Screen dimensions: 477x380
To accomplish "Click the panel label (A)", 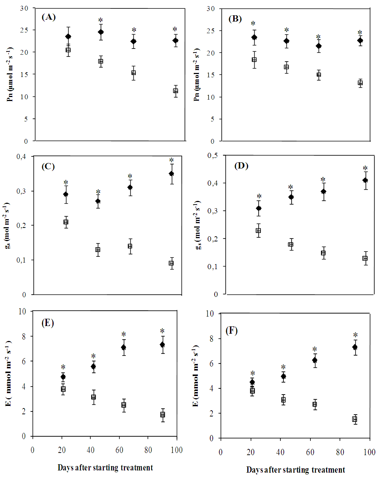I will point(48,17).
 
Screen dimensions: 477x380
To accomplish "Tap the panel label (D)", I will point(241,166).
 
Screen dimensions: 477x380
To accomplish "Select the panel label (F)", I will point(232,330).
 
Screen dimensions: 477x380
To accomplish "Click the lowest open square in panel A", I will point(176,91).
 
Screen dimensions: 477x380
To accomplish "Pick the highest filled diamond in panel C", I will point(171,174).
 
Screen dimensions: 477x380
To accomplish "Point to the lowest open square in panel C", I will point(171,263).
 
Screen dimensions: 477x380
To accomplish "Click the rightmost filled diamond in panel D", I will point(365,180).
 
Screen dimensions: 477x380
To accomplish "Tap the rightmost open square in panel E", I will point(162,415).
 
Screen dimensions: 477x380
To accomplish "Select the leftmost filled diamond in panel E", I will point(63,377).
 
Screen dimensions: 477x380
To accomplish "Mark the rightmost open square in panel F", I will point(354,419).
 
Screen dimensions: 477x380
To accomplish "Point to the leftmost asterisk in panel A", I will point(101,20).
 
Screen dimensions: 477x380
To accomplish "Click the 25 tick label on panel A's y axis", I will point(24,30).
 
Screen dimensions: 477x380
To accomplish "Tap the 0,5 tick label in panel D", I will point(213,155).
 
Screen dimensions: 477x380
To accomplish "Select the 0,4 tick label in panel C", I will point(21,156).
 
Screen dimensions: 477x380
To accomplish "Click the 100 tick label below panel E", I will point(177,450).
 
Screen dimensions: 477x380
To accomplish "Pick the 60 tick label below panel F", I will point(310,452).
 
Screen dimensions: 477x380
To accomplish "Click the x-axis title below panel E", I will point(105,468).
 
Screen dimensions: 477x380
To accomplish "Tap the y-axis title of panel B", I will point(197,74).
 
